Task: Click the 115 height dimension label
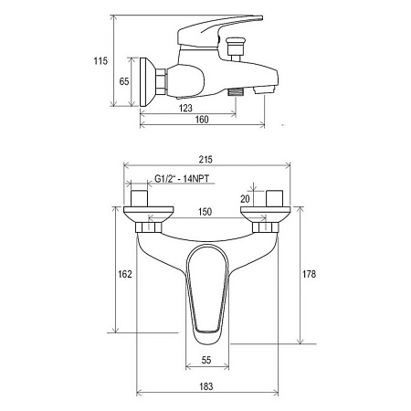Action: click(x=100, y=61)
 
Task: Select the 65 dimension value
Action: click(x=124, y=81)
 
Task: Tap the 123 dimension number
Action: click(x=185, y=108)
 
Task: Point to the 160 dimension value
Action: click(x=202, y=119)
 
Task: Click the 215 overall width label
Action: click(x=205, y=159)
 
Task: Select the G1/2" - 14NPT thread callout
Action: click(x=182, y=178)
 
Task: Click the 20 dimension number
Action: click(x=245, y=199)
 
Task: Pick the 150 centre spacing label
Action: click(x=205, y=212)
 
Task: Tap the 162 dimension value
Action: click(x=125, y=274)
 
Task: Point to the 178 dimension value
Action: click(x=309, y=274)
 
